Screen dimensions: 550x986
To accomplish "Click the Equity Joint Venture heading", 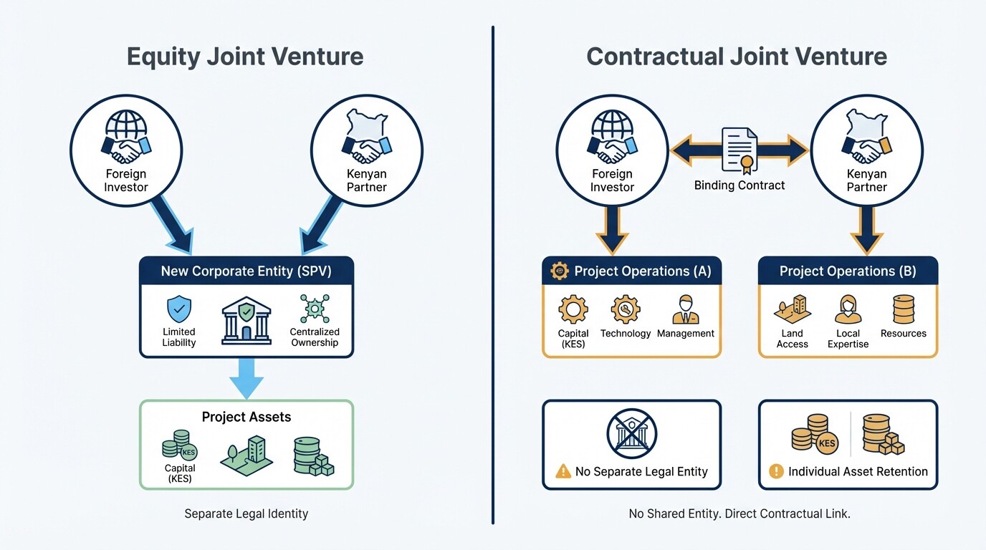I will point(245,57).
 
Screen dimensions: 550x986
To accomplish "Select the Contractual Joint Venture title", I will point(737,57).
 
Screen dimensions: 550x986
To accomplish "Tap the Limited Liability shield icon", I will point(179,310).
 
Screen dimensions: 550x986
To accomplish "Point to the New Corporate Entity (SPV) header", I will point(246,271).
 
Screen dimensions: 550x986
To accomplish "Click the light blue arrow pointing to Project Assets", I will point(246,377).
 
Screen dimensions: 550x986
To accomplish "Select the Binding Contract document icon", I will point(739,150).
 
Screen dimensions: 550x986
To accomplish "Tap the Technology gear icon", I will point(626,310).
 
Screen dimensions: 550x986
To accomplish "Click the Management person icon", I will point(686,310).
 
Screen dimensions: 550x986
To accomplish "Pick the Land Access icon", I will point(792,310).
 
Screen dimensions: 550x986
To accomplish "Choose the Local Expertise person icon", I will point(848,310).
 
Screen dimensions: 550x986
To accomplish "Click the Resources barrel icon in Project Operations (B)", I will point(904,310).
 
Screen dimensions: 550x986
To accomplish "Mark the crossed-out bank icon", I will point(631,433).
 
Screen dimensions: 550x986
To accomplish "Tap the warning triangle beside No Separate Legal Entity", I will point(563,472).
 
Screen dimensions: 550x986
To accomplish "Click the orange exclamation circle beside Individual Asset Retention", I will point(776,471).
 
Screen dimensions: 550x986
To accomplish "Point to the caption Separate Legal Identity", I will point(246,513).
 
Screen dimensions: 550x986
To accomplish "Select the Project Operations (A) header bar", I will point(631,271).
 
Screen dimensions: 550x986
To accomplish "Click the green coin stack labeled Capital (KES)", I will point(178,445).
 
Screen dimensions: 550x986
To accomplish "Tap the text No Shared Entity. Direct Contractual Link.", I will point(739,513).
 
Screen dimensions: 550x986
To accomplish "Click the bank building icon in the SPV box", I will point(247,319).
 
